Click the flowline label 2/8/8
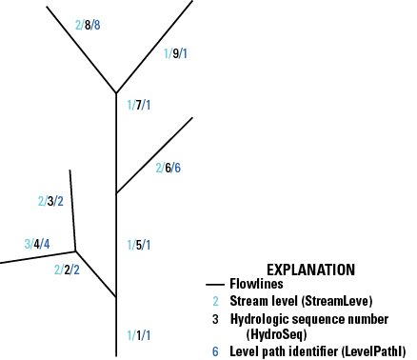tap(88, 25)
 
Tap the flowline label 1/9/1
tap(176, 53)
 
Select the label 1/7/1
tap(138, 105)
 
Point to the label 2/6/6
tap(169, 169)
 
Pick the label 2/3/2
tap(50, 201)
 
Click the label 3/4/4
tap(37, 244)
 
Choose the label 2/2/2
tap(67, 270)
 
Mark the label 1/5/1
tap(138, 245)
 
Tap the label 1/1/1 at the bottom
tap(138, 335)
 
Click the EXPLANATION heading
tap(310, 270)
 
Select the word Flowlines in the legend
tap(256, 283)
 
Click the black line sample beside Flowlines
tap(215, 284)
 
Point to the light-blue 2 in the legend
tap(216, 300)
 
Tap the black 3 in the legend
tap(216, 317)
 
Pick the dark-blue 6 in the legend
tap(216, 350)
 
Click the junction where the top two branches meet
tap(116, 93)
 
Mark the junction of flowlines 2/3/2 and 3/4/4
tap(76, 252)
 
